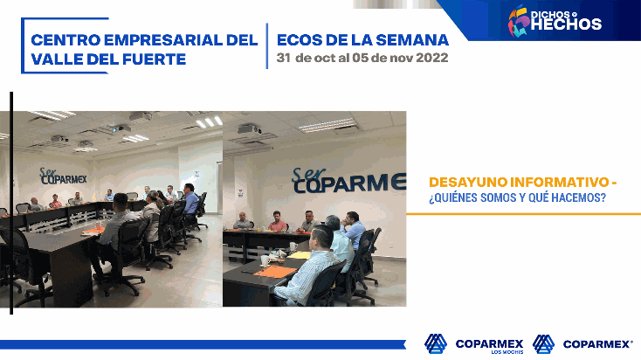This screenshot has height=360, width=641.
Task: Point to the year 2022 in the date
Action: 432,58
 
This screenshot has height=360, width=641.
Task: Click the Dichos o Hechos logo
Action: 555,21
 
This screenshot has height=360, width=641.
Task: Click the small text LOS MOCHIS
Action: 507,352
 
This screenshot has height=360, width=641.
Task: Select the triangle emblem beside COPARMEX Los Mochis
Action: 436,343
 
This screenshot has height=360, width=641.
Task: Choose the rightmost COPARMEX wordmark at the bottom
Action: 596,344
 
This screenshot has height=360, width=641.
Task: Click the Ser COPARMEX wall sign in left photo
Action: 63,176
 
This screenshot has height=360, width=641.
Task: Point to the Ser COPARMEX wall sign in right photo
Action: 348,181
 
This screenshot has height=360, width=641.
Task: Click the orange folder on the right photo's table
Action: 276,272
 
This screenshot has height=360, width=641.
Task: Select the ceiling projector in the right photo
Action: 248,129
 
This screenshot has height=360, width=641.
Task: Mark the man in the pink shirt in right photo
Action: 278,221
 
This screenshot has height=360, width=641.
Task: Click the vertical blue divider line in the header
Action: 267,45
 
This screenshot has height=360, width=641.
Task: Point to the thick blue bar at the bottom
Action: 203,344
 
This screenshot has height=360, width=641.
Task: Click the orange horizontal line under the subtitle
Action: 524,213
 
